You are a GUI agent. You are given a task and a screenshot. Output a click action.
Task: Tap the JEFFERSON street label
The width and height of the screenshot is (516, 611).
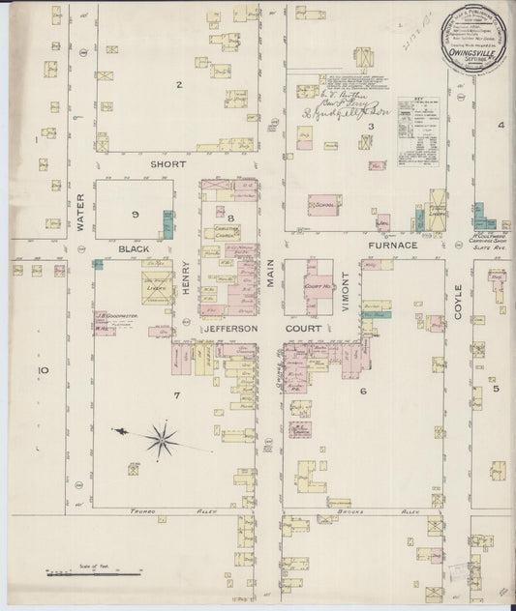point(228,329)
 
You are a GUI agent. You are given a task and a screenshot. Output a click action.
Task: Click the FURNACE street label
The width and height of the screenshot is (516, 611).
point(391,246)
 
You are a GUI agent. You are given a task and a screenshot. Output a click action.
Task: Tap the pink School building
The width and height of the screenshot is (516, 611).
point(324,205)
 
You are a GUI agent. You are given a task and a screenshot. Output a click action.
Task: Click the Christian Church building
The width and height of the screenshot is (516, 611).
point(227,232)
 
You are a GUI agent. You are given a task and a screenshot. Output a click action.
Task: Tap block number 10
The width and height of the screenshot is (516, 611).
point(42,369)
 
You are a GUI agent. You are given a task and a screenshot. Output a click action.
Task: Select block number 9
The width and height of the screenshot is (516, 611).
point(136,213)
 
